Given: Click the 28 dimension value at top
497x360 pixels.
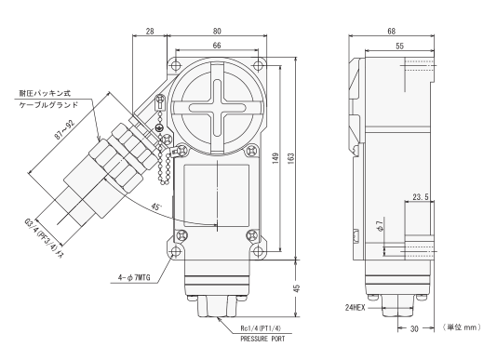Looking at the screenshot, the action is pos(150,31).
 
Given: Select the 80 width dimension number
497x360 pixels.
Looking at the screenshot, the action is pos(217,31).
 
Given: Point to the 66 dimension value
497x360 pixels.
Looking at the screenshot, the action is pos(217,46).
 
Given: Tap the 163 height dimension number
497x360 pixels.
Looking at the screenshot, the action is pos(290,158).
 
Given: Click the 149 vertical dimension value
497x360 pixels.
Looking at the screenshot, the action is pos(275,158).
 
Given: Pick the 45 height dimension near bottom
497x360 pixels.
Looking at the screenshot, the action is pos(297,288).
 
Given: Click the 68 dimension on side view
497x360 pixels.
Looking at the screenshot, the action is pos(392,31).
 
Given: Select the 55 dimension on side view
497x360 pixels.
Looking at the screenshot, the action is pos(400,46).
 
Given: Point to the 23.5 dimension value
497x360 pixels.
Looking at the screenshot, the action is pos(421,197).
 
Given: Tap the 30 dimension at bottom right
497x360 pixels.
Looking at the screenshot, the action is pos(414,329).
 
